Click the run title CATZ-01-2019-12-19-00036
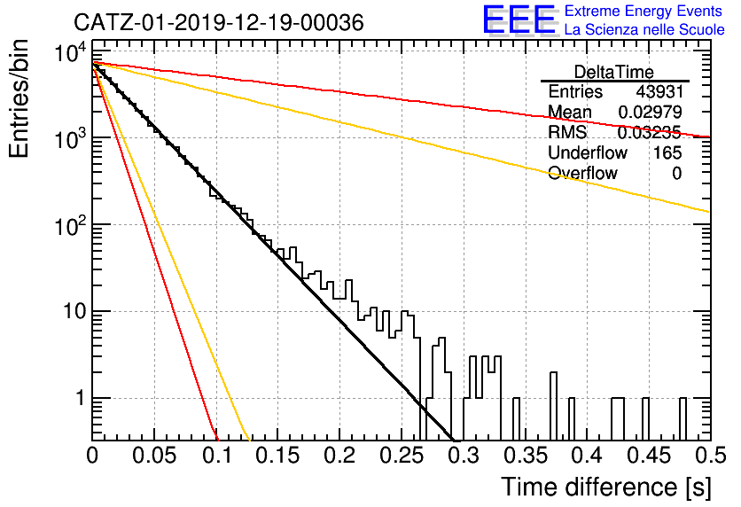(219, 22)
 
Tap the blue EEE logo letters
(519, 19)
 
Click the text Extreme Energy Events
(643, 11)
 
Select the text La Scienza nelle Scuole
(644, 29)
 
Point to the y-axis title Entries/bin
(19, 98)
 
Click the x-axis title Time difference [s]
(606, 487)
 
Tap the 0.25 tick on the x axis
(402, 456)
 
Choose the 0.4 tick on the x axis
(588, 456)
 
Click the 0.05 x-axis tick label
(154, 456)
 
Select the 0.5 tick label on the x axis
(711, 456)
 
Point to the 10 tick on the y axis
(75, 311)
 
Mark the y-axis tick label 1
(81, 398)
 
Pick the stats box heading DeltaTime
(614, 72)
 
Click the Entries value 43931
(659, 91)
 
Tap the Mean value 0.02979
(651, 112)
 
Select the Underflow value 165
(667, 152)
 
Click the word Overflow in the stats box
(582, 173)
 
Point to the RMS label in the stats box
(567, 132)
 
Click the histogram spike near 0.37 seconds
(553, 406)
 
